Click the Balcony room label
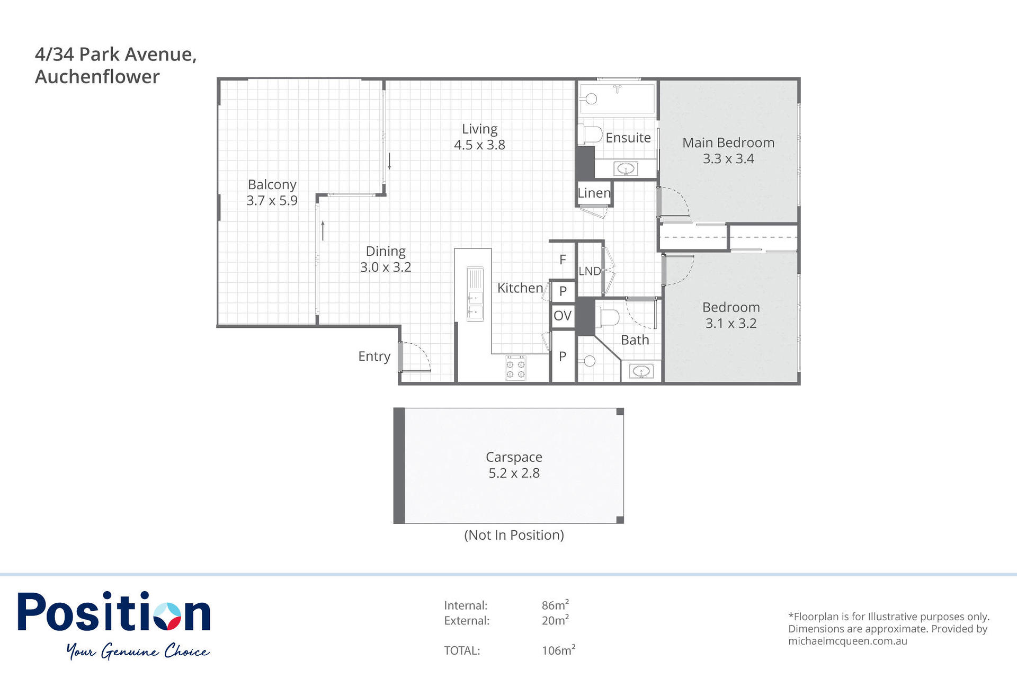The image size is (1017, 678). (x=272, y=184)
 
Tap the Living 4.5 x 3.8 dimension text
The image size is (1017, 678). (x=479, y=145)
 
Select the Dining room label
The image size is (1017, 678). (x=386, y=251)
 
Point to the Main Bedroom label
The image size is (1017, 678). (x=728, y=142)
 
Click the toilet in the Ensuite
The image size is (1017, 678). (x=590, y=135)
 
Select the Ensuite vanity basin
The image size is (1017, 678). (x=626, y=169)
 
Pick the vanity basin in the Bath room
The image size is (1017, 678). (x=641, y=372)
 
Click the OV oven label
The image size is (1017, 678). (x=563, y=316)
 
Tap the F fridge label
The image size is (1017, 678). (x=563, y=260)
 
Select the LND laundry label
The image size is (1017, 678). (x=590, y=271)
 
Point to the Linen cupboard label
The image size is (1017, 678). (x=594, y=193)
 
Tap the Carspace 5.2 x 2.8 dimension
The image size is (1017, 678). (x=514, y=473)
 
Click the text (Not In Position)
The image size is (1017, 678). (x=514, y=535)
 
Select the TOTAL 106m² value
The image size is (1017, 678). (x=558, y=650)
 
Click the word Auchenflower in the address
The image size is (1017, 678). (x=97, y=77)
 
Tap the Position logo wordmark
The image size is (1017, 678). (x=114, y=612)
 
